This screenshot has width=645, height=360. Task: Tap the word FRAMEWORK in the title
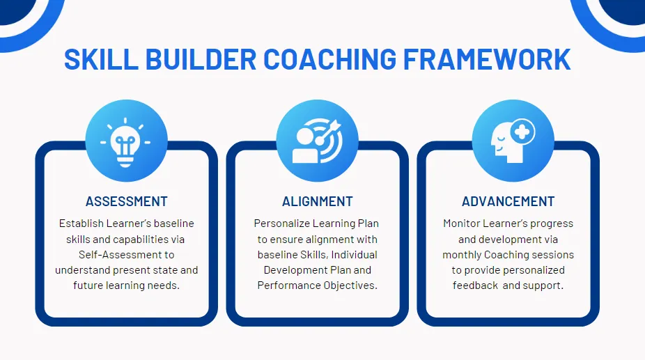point(488,60)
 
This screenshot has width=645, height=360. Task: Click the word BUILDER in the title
point(196,60)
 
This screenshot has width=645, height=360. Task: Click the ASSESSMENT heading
point(127,202)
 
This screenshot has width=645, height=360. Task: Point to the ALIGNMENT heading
point(318,202)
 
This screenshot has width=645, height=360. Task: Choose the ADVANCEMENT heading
point(508,202)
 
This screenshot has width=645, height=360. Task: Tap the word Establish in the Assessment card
point(81,224)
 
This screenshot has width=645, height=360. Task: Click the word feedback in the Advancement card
point(475,285)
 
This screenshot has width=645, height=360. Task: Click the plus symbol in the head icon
point(523,130)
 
